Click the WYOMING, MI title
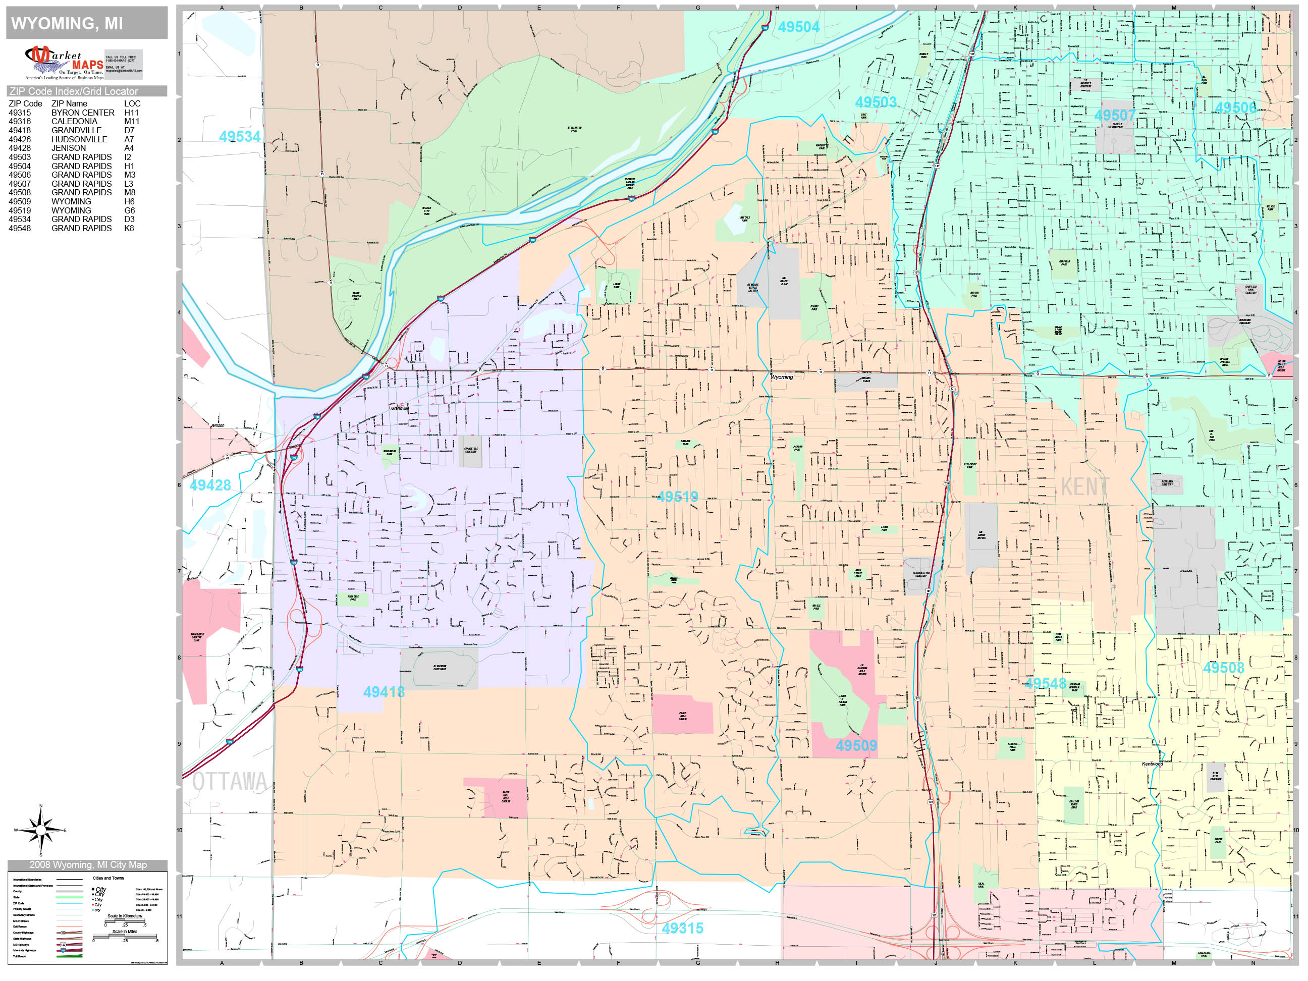[67, 24]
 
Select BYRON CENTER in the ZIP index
[83, 113]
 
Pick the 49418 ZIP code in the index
[20, 130]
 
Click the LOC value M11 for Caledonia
[131, 121]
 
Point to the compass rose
[40, 830]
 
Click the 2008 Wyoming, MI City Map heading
[87, 864]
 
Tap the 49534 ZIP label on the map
[240, 137]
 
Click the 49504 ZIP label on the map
[798, 27]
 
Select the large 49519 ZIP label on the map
[678, 497]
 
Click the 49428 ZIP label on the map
[210, 485]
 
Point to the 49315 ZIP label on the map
[682, 929]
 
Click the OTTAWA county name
[230, 782]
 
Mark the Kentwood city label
[1152, 764]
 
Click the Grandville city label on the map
[399, 408]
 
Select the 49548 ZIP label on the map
[1045, 684]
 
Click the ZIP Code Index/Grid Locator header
[74, 91]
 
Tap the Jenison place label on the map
[217, 425]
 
